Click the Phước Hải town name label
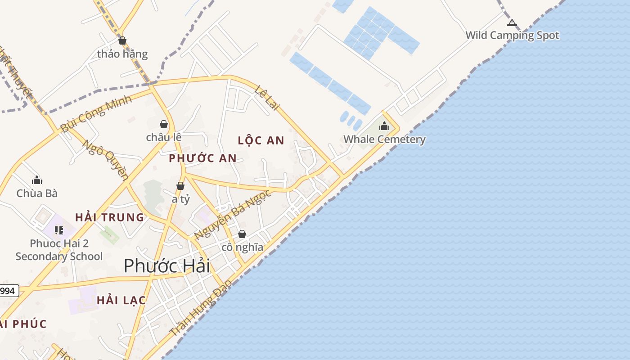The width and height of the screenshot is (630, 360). pos(167,265)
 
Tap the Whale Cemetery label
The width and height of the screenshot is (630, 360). pos(384,139)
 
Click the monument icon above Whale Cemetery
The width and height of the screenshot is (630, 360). pos(384,126)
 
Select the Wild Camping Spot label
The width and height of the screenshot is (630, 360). pos(512,35)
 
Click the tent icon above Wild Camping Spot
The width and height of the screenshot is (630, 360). pos(512,22)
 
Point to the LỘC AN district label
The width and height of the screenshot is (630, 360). pos(261,140)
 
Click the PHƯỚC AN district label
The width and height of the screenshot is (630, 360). pos(202,158)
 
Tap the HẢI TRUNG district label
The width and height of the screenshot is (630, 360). pos(109,217)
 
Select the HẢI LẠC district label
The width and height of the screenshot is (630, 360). pos(121,300)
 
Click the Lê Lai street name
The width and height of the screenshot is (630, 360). pos(267,98)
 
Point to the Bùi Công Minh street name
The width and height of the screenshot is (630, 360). pos(96,113)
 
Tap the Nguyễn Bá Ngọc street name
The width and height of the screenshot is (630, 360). pos(233,215)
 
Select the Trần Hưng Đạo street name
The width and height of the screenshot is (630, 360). pos(201,308)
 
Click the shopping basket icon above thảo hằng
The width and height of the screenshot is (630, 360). pos(122,41)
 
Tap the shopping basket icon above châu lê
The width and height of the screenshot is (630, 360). pos(164,124)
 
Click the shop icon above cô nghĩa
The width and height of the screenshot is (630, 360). pos(242,234)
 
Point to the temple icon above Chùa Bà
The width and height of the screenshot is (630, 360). pos(37,180)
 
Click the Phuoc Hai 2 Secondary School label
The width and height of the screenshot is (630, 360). pos(59,250)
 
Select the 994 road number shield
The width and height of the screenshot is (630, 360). pos(8,291)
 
